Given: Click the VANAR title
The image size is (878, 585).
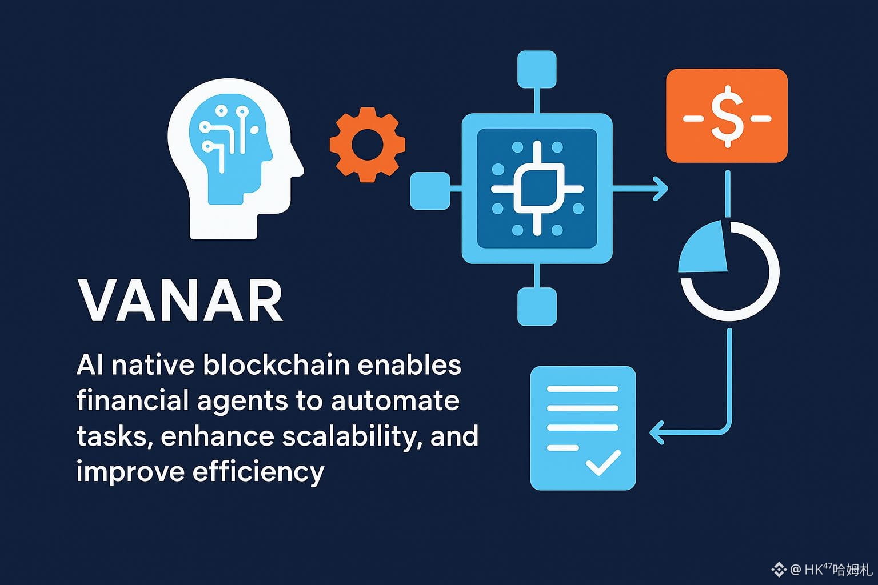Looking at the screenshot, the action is coord(181,300).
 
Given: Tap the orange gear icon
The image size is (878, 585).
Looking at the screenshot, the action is coord(368,145).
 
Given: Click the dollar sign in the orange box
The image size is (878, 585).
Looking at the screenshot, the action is coord(727,117).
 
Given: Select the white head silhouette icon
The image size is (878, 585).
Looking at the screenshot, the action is coord(235,159).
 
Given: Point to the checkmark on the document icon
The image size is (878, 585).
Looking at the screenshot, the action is coord(603,463).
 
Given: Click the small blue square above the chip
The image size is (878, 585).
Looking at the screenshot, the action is coord(537,69).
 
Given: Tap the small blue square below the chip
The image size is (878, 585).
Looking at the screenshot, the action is coord(537,307).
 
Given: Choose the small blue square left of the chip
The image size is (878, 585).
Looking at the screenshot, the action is coord(430,191).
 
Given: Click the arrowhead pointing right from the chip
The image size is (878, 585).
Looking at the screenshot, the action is coord(661,189).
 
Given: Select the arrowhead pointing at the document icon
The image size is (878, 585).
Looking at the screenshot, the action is coord(657,432).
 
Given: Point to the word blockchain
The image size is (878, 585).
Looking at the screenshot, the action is coord(276,365).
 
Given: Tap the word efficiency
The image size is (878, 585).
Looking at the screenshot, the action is coord(259,472).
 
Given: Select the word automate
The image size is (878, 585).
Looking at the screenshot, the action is coord(395,401).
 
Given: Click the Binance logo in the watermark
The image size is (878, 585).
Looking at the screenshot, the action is coord(779,570).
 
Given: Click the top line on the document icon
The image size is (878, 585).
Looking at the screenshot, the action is coord(582,389).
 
